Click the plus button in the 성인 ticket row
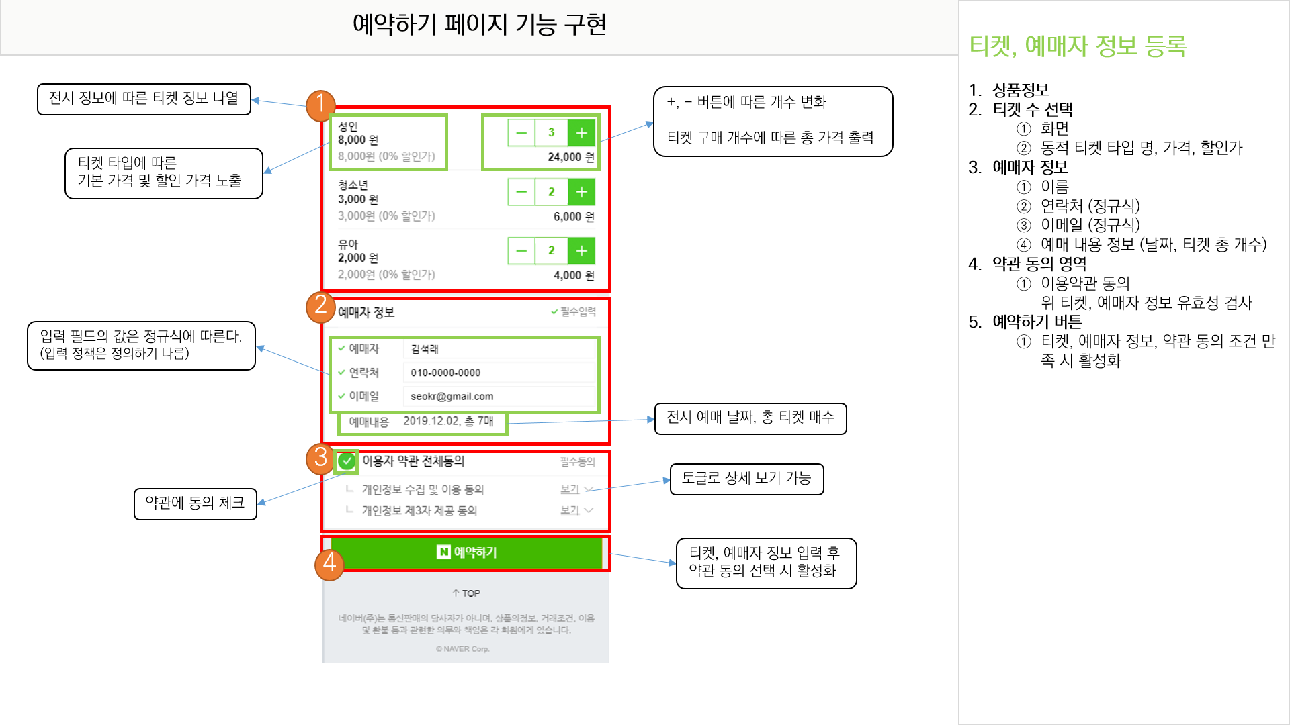(581, 133)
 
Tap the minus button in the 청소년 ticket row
(521, 192)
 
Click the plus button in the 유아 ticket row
(581, 251)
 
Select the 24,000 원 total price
(570, 157)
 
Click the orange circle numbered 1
(320, 105)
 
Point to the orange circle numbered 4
(329, 563)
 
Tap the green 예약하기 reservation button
(466, 552)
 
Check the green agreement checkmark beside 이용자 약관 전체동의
(347, 461)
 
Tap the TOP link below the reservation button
(466, 593)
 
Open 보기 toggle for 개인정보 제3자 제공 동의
(576, 511)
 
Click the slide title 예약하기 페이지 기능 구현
(480, 25)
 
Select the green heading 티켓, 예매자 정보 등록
(1078, 46)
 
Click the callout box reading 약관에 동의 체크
(196, 503)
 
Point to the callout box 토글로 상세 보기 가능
(746, 479)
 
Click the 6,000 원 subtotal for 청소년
(573, 217)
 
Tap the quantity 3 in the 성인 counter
(551, 133)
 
